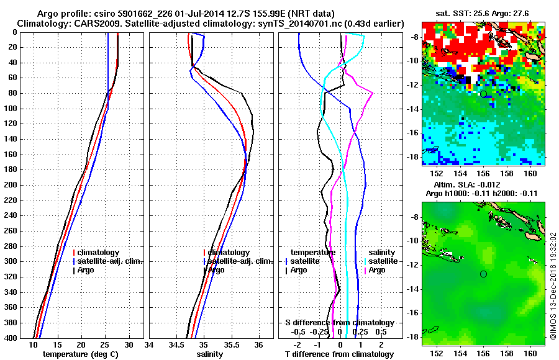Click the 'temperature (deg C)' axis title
click(x=81, y=354)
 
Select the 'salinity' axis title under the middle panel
click(x=209, y=354)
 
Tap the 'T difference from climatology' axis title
click(x=339, y=354)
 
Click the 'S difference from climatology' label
click(x=339, y=323)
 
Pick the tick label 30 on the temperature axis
click(x=129, y=345)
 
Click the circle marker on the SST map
click(x=483, y=94)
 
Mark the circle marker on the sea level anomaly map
click(x=483, y=274)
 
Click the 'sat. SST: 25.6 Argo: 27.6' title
click(x=484, y=12)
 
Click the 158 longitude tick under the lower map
click(x=507, y=353)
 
